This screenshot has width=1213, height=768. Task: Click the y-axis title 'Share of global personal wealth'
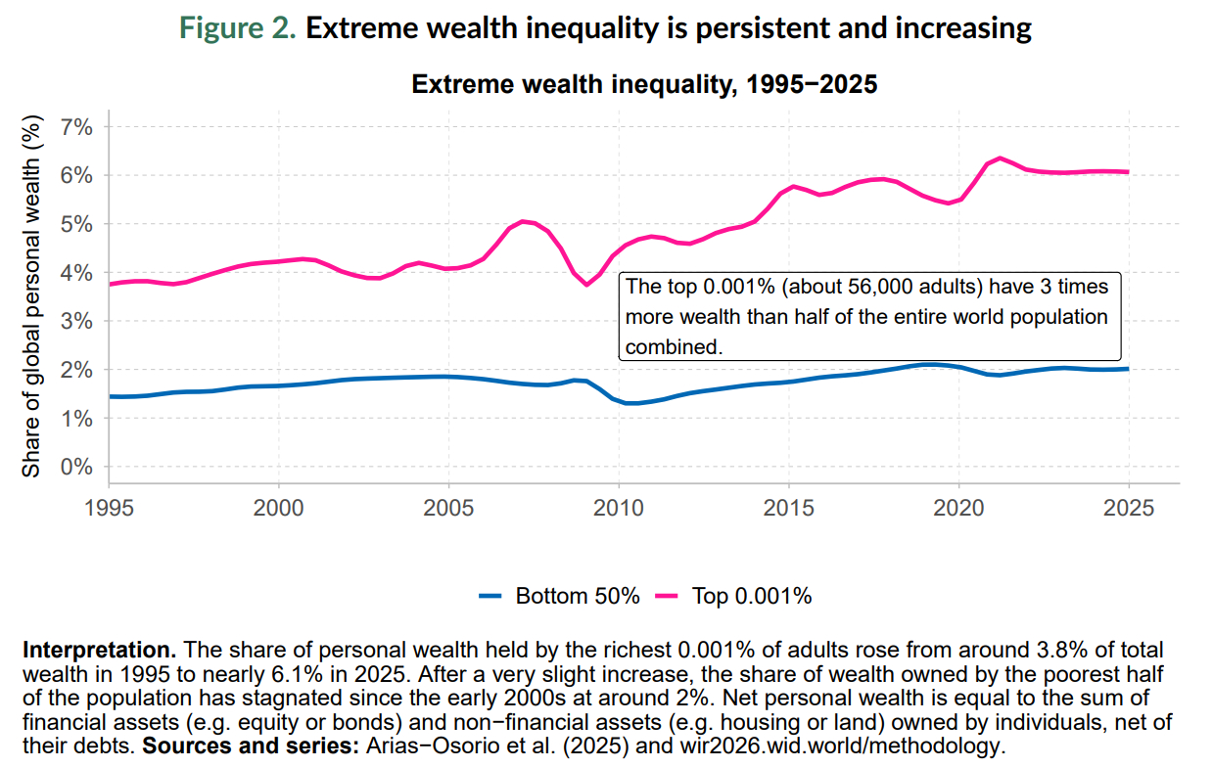(31, 295)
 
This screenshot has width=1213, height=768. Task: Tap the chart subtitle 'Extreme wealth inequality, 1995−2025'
(644, 85)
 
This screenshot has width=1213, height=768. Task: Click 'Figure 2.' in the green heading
(238, 27)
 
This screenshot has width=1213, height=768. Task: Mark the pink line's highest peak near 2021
(1000, 158)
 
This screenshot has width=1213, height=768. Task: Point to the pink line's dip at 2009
(586, 284)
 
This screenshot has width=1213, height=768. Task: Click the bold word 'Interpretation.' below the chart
(99, 650)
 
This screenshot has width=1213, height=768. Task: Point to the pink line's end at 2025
(1129, 172)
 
